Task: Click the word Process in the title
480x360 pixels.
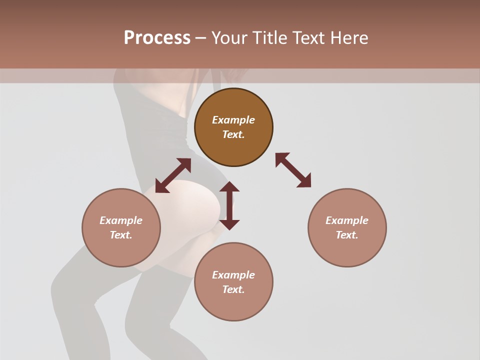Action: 157,38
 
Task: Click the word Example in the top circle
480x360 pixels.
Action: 233,120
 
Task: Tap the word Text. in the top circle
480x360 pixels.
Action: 233,134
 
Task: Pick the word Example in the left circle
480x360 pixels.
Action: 121,220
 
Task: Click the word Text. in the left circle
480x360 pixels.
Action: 121,235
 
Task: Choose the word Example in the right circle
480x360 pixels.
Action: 347,220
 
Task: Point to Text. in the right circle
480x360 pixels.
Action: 347,235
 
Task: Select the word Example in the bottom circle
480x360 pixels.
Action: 233,275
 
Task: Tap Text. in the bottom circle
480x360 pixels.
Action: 233,289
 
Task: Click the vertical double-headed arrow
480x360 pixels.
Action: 229,205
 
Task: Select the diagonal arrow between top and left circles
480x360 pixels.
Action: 173,175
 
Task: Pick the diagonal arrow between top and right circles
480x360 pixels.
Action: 293,170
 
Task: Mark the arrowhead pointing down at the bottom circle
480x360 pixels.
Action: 229,224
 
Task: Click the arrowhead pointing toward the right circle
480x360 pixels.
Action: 304,181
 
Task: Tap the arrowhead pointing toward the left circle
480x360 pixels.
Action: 161,186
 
